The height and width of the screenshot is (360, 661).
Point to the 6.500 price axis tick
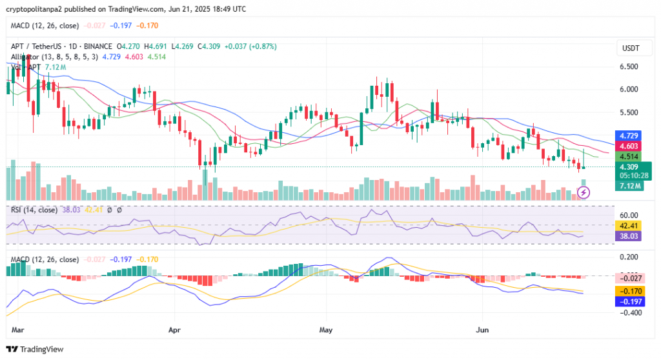[x=629, y=66]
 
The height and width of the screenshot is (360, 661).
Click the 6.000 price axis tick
[x=629, y=89]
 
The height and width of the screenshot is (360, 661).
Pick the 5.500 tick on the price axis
[x=629, y=112]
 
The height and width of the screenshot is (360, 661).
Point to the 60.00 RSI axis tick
[x=629, y=215]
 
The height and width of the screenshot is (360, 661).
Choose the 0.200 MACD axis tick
[x=629, y=257]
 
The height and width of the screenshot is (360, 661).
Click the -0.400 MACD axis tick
[x=629, y=313]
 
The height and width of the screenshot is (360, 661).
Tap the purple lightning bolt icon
[x=584, y=192]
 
